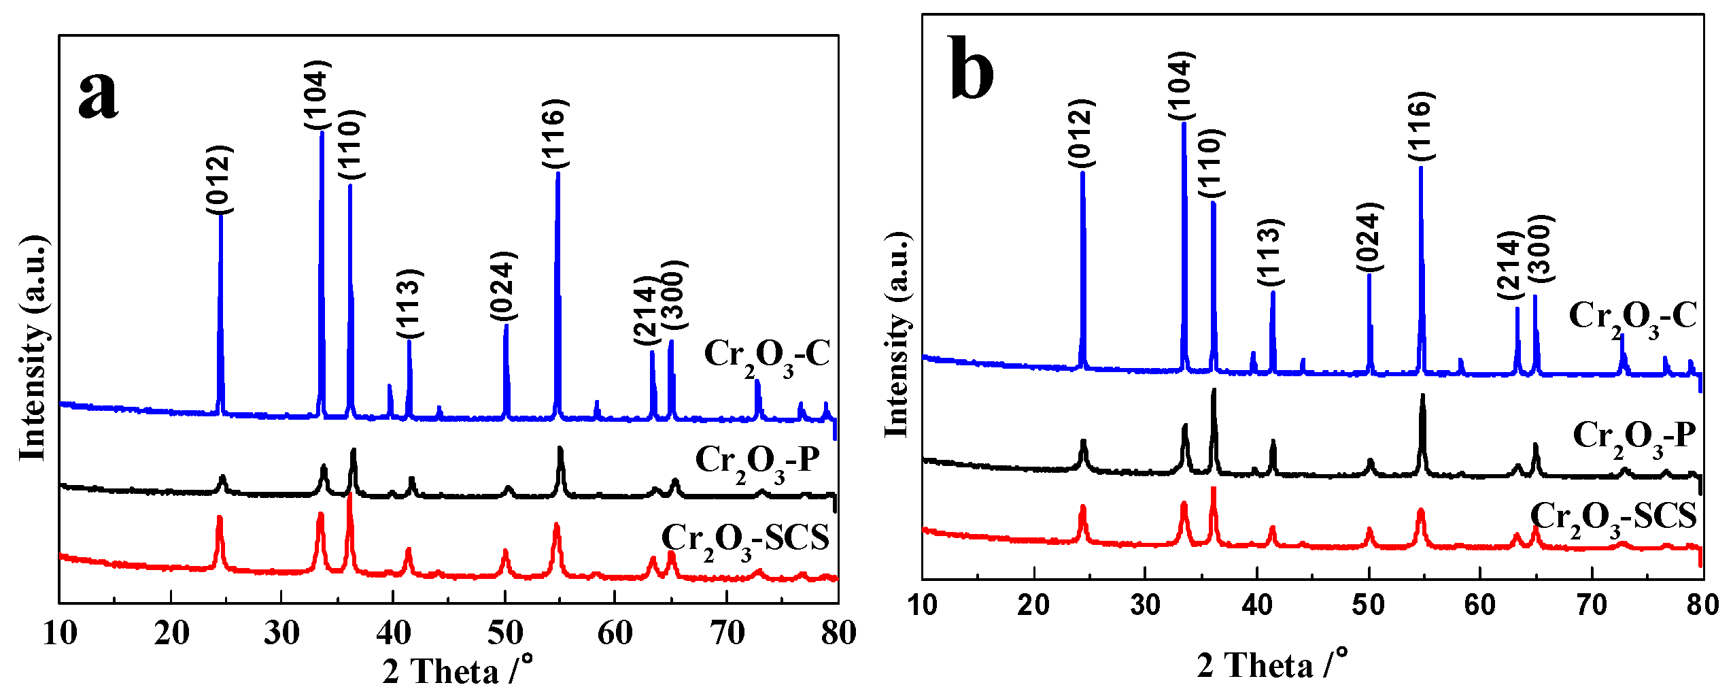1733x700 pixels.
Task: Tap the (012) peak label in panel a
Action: point(220,179)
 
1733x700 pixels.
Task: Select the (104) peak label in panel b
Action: point(1182,85)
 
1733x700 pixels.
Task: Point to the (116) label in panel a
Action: point(555,133)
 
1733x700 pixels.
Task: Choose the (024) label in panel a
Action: point(504,286)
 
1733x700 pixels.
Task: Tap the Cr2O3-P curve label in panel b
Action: point(1634,437)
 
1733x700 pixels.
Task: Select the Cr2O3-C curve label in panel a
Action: point(767,356)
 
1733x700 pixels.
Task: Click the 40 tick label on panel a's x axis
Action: point(393,633)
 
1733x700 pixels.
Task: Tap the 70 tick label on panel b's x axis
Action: point(1591,605)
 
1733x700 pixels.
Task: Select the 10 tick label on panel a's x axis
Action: point(60,633)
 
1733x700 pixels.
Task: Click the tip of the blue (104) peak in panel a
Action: point(322,133)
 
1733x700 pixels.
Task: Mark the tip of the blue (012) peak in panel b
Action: point(1082,173)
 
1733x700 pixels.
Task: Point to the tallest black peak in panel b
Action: point(1214,390)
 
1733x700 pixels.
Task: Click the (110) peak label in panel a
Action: point(351,144)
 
